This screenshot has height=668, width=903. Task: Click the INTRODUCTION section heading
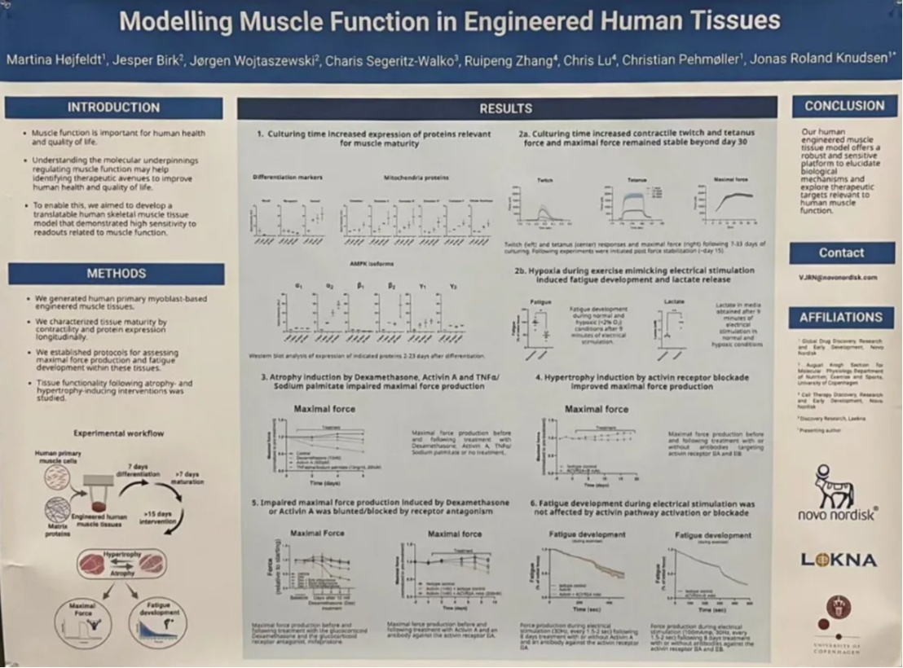click(113, 108)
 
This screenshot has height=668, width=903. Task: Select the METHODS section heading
click(116, 274)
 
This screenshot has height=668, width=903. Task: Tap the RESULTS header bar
click(505, 108)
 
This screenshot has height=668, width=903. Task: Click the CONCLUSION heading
click(844, 106)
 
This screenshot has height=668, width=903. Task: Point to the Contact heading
click(842, 253)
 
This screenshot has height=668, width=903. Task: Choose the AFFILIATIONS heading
click(841, 318)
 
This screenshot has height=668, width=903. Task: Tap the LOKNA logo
click(839, 560)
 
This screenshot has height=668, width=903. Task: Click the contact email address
click(838, 278)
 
